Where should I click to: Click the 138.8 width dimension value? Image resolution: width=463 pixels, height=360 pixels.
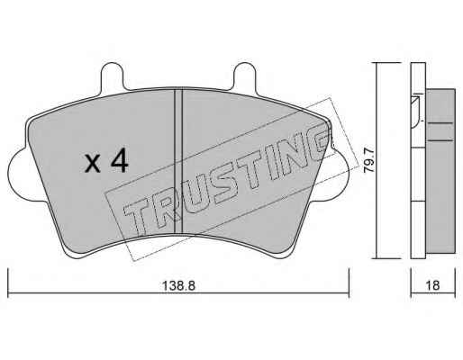[178, 285]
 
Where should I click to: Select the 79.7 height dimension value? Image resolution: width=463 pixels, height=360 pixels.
[369, 161]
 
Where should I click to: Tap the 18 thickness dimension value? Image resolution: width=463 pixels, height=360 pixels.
[432, 285]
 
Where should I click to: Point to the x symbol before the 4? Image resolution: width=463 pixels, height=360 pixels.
[92, 164]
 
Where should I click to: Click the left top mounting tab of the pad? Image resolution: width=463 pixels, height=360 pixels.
[112, 76]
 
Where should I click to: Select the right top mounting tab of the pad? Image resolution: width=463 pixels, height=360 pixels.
[245, 76]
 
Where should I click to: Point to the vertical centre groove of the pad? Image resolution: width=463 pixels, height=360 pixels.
[178, 162]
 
